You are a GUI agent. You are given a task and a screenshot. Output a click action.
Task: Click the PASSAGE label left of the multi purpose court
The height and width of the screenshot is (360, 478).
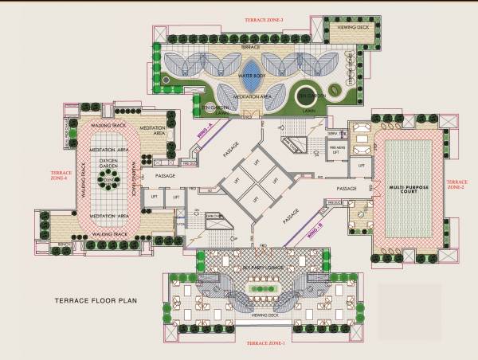pos(347,188)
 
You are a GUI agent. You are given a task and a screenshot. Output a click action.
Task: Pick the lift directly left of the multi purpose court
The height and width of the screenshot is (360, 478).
pos(361,165)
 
